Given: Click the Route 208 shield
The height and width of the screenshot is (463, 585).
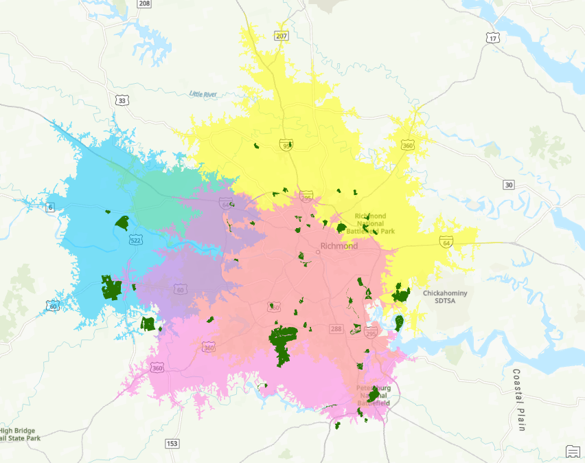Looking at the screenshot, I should click(144, 3).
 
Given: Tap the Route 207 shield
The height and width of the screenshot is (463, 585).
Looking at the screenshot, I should click(282, 36).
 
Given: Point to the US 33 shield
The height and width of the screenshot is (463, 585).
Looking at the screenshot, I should click(122, 100).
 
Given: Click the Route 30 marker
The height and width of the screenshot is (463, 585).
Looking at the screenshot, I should click(508, 185).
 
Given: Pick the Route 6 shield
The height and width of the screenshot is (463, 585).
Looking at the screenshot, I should click(50, 207).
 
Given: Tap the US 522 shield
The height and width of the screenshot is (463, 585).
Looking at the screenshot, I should click(135, 239).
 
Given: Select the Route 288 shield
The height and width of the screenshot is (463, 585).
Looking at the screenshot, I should click(336, 329).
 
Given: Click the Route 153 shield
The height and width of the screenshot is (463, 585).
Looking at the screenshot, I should click(172, 443).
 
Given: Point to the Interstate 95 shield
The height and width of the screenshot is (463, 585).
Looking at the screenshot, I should click(286, 145).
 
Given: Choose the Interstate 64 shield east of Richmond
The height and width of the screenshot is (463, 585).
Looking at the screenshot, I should click(446, 242).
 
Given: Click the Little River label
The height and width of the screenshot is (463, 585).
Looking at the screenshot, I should click(203, 93).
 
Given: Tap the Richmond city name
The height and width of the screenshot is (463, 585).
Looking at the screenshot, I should click(339, 246).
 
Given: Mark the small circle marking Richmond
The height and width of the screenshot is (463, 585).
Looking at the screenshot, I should click(318, 252).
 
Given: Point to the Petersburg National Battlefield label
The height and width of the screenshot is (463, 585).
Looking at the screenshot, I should click(374, 396).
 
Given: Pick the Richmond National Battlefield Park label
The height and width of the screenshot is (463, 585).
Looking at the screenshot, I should click(375, 224).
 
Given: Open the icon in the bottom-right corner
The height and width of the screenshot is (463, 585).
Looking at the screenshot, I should click(573, 451).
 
